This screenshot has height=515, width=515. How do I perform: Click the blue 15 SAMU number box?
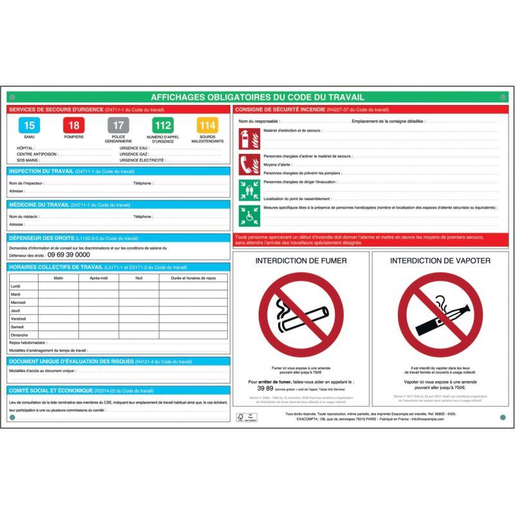pyautogui.click(x=29, y=125)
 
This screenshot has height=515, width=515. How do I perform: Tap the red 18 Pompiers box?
pyautogui.click(x=73, y=125)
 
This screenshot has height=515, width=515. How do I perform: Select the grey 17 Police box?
pyautogui.click(x=118, y=125)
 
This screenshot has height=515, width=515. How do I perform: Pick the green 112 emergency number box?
pyautogui.click(x=162, y=125)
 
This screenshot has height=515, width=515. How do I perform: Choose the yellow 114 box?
pyautogui.click(x=207, y=125)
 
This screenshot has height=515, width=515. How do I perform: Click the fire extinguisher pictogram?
pyautogui.click(x=248, y=138)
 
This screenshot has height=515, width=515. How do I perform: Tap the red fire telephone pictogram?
pyautogui.click(x=248, y=165)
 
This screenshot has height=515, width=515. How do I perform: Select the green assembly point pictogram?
pyautogui.click(x=248, y=190)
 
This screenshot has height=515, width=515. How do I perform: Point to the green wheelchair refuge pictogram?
pyautogui.click(x=248, y=215)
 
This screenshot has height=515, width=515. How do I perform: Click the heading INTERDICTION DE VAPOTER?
pyautogui.click(x=440, y=261)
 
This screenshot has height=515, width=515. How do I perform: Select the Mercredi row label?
pyautogui.click(x=19, y=302)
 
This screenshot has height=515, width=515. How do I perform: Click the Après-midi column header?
pyautogui.click(x=94, y=277)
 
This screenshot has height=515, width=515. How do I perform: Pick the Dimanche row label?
pyautogui.click(x=19, y=335)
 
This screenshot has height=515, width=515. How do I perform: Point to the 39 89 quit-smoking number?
pyautogui.click(x=265, y=389)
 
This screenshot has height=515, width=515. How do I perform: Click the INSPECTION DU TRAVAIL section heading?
pyautogui.click(x=41, y=171)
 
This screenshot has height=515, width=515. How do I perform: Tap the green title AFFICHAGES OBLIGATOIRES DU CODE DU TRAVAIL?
pyautogui.click(x=257, y=97)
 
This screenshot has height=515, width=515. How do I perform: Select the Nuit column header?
pyautogui.click(x=138, y=277)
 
